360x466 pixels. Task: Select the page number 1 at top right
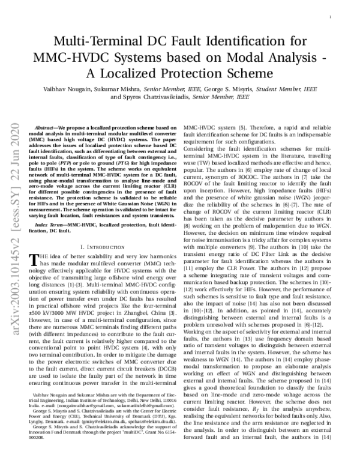click(331, 19)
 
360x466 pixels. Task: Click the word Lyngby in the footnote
click(37, 433)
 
